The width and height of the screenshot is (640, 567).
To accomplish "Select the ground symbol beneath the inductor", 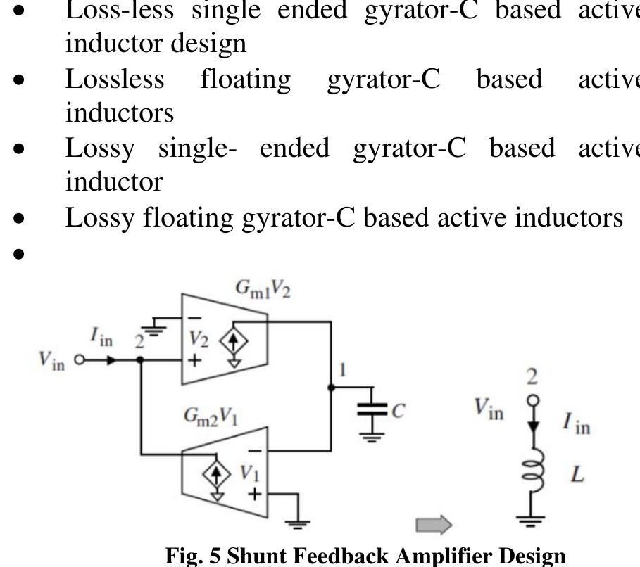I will tap(533, 521).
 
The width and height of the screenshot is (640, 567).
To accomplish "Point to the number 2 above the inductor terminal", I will tap(533, 377).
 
